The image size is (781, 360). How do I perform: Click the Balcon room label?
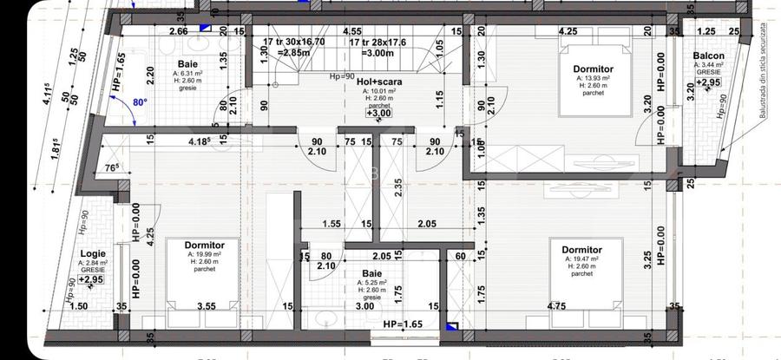[708, 58]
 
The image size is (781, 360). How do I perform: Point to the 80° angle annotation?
[140, 101]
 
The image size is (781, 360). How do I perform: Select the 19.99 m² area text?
[206, 254]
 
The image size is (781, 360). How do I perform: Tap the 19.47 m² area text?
[581, 259]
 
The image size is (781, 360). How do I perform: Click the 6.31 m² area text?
[187, 74]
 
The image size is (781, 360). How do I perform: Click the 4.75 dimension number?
[556, 305]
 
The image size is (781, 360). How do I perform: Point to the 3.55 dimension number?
[206, 305]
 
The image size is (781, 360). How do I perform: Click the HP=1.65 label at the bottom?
[403, 324]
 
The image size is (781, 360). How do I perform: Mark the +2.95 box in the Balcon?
[709, 82]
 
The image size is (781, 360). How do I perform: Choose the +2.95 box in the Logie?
[91, 279]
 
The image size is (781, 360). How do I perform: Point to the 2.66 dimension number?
[179, 31]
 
